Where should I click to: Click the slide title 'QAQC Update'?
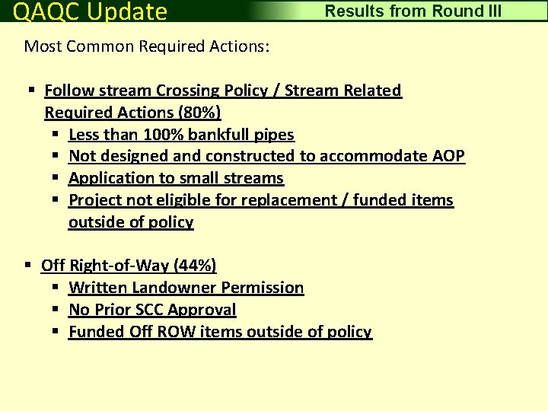pyautogui.click(x=91, y=11)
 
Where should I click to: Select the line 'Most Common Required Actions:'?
pyautogui.click(x=147, y=46)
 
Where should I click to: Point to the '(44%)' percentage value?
pyautogui.click(x=195, y=266)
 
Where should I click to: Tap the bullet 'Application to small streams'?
pyautogui.click(x=176, y=178)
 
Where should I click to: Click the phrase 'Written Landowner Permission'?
pyautogui.click(x=186, y=288)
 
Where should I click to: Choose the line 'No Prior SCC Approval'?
pyautogui.click(x=152, y=310)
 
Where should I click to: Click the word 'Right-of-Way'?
pyautogui.click(x=119, y=266)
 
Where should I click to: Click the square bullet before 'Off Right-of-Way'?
pyautogui.click(x=28, y=266)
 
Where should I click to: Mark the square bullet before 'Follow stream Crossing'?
pyautogui.click(x=32, y=91)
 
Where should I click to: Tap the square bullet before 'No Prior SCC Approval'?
pyautogui.click(x=56, y=310)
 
